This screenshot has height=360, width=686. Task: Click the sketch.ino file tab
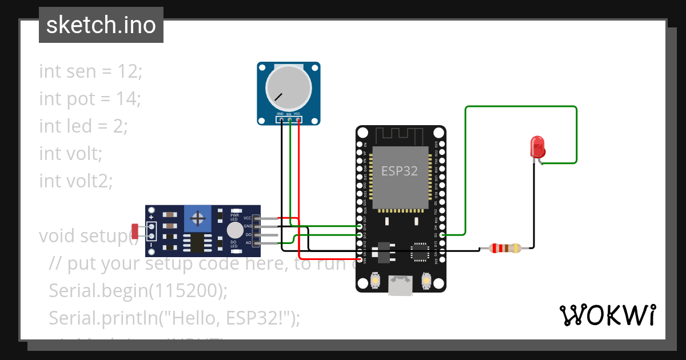click(101, 25)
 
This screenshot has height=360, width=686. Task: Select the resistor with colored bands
click(506, 248)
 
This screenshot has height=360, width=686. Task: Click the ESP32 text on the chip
click(400, 171)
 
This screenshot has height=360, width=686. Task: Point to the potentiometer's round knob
click(289, 87)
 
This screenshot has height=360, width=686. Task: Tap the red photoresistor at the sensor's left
click(135, 231)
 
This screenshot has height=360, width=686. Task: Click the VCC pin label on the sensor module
click(247, 218)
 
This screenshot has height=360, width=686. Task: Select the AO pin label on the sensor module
click(248, 243)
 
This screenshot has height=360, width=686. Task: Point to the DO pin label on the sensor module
click(248, 235)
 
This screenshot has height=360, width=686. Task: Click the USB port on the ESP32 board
click(401, 285)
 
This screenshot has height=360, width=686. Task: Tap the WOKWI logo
click(607, 315)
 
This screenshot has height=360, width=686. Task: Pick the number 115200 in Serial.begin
click(184, 290)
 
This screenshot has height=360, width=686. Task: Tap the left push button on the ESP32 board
click(376, 281)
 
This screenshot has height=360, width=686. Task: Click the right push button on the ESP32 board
click(426, 281)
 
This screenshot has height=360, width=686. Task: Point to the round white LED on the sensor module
click(234, 230)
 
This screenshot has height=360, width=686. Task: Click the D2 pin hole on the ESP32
click(442, 234)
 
